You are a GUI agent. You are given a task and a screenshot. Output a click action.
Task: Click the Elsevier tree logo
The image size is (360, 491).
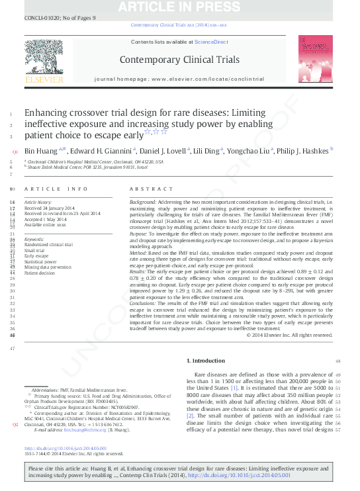tap(44, 61)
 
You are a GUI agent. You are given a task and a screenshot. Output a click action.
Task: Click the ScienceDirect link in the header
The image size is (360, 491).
tap(210, 42)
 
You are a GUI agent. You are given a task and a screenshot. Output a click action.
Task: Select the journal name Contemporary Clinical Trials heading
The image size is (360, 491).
tap(179, 60)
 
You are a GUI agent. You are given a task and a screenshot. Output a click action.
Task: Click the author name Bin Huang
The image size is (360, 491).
tap(40, 150)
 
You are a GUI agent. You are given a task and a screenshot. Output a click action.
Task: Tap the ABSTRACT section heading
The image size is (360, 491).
tap(146, 189)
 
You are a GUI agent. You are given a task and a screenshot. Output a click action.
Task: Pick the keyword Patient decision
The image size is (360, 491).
tap(39, 273)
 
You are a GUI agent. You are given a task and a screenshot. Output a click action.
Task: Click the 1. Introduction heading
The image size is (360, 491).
tap(206, 361)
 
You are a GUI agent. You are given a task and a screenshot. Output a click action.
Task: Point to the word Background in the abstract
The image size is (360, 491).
tap(143, 201)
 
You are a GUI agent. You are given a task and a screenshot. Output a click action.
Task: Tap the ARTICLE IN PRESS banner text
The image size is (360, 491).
tap(179, 7)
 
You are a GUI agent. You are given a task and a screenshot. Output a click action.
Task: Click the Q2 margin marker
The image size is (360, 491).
tap(15, 425)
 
